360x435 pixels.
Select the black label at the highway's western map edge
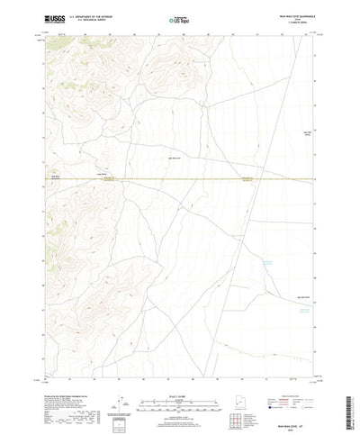click(x=56, y=177)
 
